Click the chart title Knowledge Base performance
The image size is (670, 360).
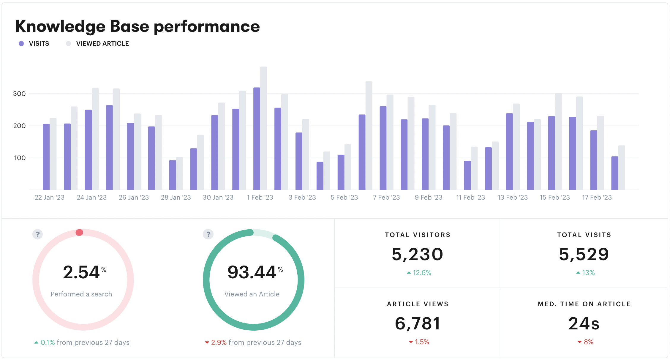tap(137, 26)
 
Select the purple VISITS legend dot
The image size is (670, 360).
tap(21, 44)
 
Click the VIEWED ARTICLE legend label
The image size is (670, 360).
tap(102, 44)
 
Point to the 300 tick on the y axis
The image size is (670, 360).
tap(19, 94)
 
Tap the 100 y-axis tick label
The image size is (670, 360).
tap(20, 158)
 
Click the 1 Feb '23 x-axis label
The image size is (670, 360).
tap(260, 198)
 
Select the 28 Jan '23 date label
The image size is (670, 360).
tap(176, 198)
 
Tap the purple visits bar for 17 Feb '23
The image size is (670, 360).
tap(593, 160)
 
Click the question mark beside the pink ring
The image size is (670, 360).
tap(38, 234)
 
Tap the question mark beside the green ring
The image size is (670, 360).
tap(208, 234)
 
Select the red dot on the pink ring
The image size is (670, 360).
tap(79, 232)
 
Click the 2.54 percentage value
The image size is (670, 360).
tap(81, 272)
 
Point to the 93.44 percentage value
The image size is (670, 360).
tap(252, 272)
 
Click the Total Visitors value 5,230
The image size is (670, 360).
tap(418, 255)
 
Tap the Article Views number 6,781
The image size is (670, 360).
tap(418, 324)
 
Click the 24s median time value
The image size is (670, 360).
tap(584, 324)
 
